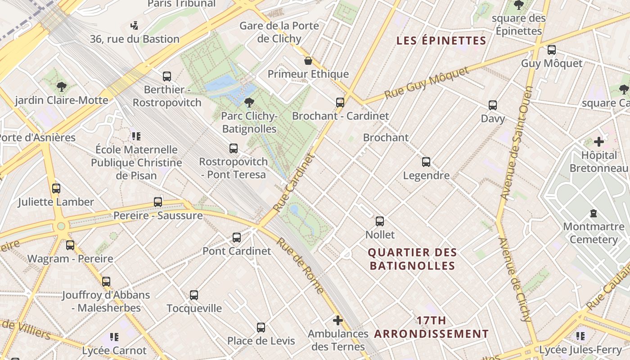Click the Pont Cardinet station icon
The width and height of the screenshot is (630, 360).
(237, 237)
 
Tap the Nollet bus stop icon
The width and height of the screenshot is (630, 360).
(380, 221)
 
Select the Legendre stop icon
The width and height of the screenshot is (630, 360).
(426, 162)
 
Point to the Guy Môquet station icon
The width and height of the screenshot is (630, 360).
(552, 49)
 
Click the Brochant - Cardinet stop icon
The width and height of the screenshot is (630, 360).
(340, 102)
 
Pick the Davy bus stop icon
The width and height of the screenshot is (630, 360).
(493, 105)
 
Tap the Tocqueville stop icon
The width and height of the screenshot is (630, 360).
(194, 295)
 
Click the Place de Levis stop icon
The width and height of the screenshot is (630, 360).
(261, 327)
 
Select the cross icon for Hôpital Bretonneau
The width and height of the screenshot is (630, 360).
(599, 142)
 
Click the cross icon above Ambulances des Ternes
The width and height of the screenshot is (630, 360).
(338, 320)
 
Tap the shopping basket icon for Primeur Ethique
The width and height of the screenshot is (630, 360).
(308, 60)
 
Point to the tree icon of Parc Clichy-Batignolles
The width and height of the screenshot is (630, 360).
(249, 103)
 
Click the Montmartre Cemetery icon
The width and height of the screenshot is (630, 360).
(593, 213)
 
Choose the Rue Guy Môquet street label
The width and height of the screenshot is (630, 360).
(426, 85)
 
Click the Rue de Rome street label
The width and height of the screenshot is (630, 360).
(300, 265)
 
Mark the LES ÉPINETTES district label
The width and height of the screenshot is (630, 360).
(441, 41)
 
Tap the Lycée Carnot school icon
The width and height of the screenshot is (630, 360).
(114, 337)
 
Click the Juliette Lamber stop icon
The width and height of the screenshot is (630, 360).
(56, 188)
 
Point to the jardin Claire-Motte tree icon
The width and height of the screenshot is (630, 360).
(62, 86)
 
